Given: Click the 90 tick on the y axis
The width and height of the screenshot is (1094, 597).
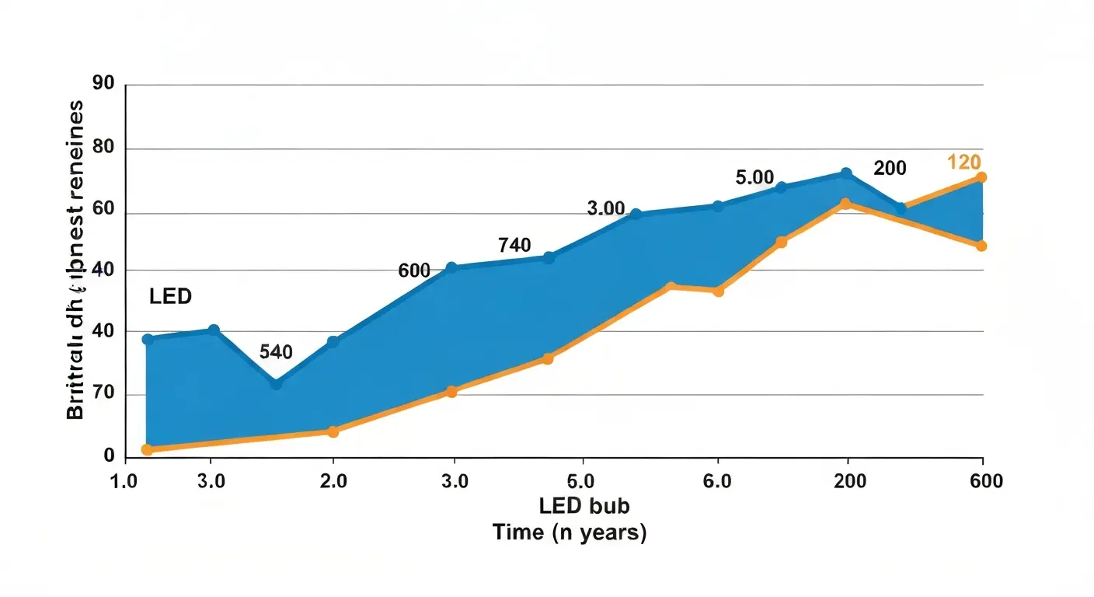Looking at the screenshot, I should click(x=103, y=83).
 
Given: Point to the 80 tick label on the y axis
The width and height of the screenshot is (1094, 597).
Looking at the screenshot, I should click(x=103, y=147).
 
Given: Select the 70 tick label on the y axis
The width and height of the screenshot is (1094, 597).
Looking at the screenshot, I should click(x=103, y=393).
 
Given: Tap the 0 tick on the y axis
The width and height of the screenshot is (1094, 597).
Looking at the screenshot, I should click(x=110, y=457).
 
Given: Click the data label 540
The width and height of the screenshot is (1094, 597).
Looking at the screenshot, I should click(x=276, y=352).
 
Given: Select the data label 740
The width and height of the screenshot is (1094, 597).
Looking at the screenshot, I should click(x=514, y=246).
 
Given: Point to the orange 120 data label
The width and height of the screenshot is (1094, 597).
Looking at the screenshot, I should click(x=963, y=162).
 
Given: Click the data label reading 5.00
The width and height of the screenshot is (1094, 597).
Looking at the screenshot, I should click(x=755, y=177).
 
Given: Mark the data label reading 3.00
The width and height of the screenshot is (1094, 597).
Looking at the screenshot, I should click(x=606, y=208).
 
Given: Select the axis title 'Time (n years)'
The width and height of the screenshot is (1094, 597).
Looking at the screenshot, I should click(x=569, y=534).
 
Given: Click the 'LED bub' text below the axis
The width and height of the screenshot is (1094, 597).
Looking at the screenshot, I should click(x=584, y=506).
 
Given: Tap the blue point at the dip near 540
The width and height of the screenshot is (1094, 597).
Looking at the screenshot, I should click(x=276, y=384).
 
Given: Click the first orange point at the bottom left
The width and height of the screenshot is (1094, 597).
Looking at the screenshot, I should click(x=147, y=449).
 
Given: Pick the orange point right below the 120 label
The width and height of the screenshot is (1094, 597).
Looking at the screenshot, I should click(x=981, y=177).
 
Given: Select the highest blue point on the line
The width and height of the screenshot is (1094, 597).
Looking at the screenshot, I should click(x=846, y=173).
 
